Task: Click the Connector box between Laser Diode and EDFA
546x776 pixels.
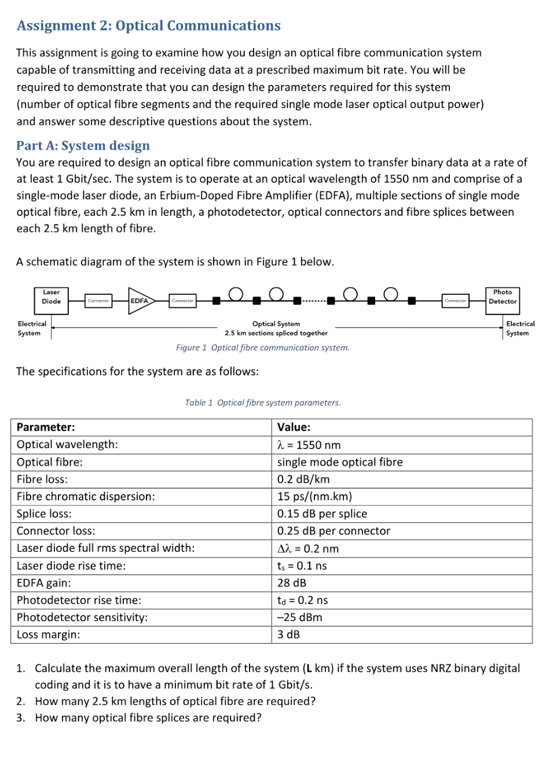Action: tap(98, 301)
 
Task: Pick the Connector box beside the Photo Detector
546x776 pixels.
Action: tap(456, 301)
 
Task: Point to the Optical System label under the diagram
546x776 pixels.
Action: tap(276, 324)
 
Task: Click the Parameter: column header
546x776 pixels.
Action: tap(46, 427)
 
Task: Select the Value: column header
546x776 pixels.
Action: tap(294, 427)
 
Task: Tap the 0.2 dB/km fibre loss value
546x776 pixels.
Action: tap(303, 479)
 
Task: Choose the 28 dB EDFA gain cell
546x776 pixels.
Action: tap(292, 583)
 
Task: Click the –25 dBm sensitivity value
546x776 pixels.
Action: tap(299, 618)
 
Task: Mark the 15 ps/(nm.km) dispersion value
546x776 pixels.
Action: tap(314, 497)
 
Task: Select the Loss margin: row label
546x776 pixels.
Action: tap(49, 635)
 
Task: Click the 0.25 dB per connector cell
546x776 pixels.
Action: tap(334, 531)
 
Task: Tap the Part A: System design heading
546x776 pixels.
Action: tap(83, 146)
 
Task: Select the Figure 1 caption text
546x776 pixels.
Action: tap(263, 348)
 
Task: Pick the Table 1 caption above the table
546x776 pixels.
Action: tap(263, 402)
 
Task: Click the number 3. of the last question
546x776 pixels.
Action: tap(21, 718)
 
